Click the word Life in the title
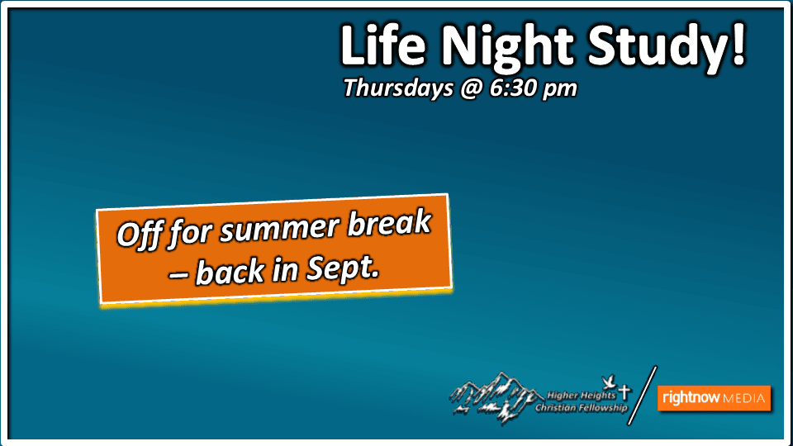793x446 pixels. (382, 45)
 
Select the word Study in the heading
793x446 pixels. (657, 49)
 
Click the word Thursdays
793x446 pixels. (398, 88)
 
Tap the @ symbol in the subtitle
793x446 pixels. (471, 89)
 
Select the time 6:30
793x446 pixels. (513, 88)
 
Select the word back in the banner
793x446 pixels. (230, 271)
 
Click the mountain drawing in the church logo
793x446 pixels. (493, 397)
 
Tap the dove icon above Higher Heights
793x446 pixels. (610, 382)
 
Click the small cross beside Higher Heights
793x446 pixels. (624, 391)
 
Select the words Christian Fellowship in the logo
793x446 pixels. (581, 407)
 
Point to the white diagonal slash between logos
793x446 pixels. (643, 396)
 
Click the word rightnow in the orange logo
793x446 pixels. (691, 397)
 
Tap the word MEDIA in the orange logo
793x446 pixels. (744, 398)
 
